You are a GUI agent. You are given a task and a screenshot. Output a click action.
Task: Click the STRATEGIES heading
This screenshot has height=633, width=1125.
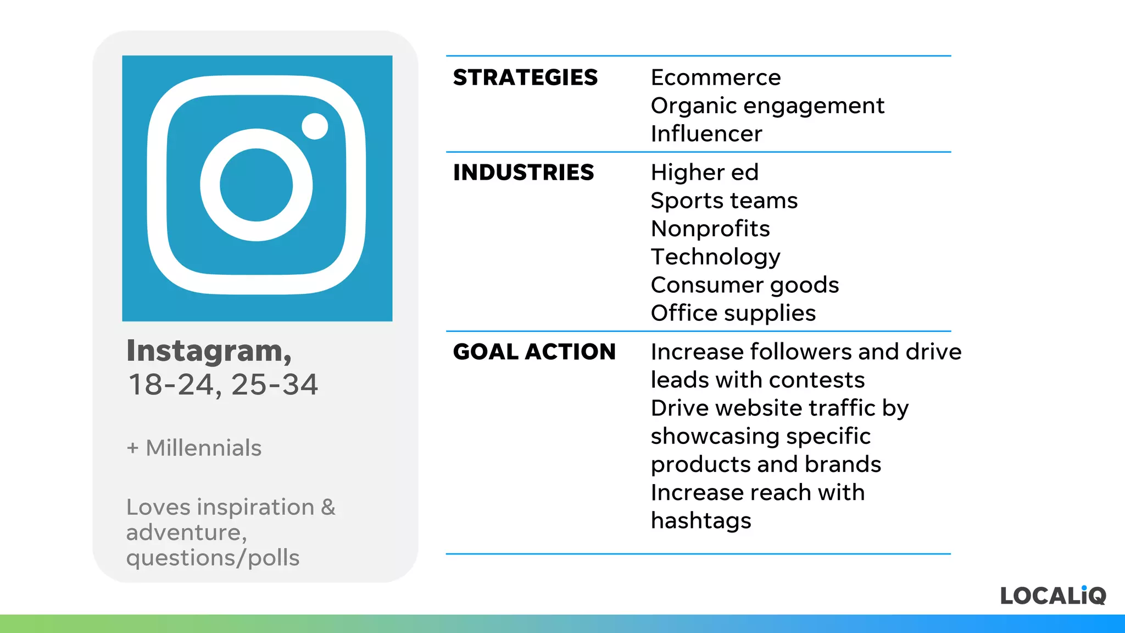pos(525,77)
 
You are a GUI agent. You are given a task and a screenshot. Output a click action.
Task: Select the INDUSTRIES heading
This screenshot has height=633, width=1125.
pos(523,173)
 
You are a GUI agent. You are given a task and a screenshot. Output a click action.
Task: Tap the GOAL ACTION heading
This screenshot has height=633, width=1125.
pos(534,352)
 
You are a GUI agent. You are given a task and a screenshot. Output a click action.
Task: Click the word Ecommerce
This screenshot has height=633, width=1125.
pos(715,77)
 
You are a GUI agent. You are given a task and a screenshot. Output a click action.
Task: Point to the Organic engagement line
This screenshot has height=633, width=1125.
pos(767,105)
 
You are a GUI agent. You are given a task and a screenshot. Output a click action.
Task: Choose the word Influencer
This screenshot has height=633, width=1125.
pos(706,134)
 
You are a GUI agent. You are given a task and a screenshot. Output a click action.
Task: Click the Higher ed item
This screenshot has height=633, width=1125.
pos(704,173)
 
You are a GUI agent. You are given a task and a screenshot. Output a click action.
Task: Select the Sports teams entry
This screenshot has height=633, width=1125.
pos(723,201)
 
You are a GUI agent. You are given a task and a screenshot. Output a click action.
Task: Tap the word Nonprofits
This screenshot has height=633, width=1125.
pos(710,229)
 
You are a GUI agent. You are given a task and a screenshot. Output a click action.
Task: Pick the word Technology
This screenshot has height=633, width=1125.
pos(715,257)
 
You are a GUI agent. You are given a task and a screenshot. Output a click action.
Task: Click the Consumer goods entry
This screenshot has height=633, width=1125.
pos(744,285)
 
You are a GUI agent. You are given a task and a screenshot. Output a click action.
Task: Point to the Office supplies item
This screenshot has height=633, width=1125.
pos(733,313)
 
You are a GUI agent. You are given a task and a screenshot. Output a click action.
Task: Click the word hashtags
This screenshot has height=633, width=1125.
pos(700,520)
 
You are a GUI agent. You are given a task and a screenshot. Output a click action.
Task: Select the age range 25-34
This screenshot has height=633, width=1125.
pos(274,385)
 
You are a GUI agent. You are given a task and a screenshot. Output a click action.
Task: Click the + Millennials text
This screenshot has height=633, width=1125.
pos(194,448)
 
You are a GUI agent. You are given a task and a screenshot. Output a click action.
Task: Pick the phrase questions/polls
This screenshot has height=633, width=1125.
pos(213,558)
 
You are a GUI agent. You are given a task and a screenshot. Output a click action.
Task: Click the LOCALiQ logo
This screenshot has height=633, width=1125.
pos(1052,596)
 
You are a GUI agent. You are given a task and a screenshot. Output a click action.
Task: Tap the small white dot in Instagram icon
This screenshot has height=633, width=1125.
pos(315,126)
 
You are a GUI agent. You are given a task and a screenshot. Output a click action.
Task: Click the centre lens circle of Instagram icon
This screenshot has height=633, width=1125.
pos(257,185)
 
